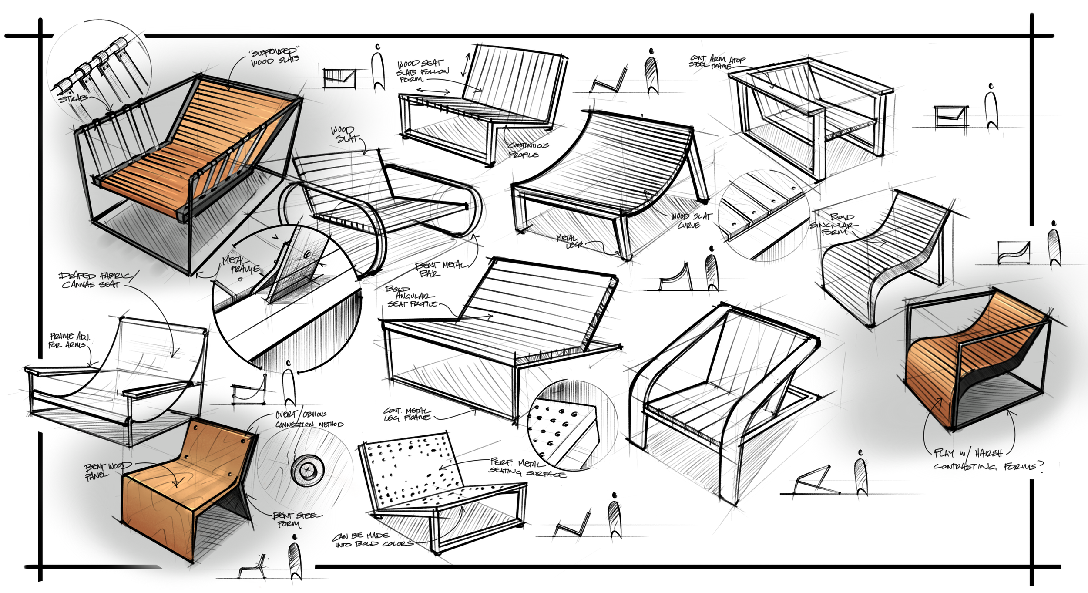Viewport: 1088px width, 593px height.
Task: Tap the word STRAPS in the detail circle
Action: [73, 98]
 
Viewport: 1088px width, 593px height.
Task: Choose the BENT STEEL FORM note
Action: [296, 519]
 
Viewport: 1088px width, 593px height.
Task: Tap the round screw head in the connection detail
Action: [308, 470]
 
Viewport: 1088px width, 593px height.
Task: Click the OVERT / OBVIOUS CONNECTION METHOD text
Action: [308, 419]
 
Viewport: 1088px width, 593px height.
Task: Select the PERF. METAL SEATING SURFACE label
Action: [527, 467]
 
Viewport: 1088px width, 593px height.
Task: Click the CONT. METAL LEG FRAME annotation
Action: [407, 414]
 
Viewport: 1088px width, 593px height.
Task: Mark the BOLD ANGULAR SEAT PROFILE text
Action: [411, 296]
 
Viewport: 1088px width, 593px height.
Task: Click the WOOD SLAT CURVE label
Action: [690, 220]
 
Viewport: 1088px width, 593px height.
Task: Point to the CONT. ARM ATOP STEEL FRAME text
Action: [716, 61]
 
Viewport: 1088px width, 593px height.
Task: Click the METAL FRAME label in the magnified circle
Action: [240, 265]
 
